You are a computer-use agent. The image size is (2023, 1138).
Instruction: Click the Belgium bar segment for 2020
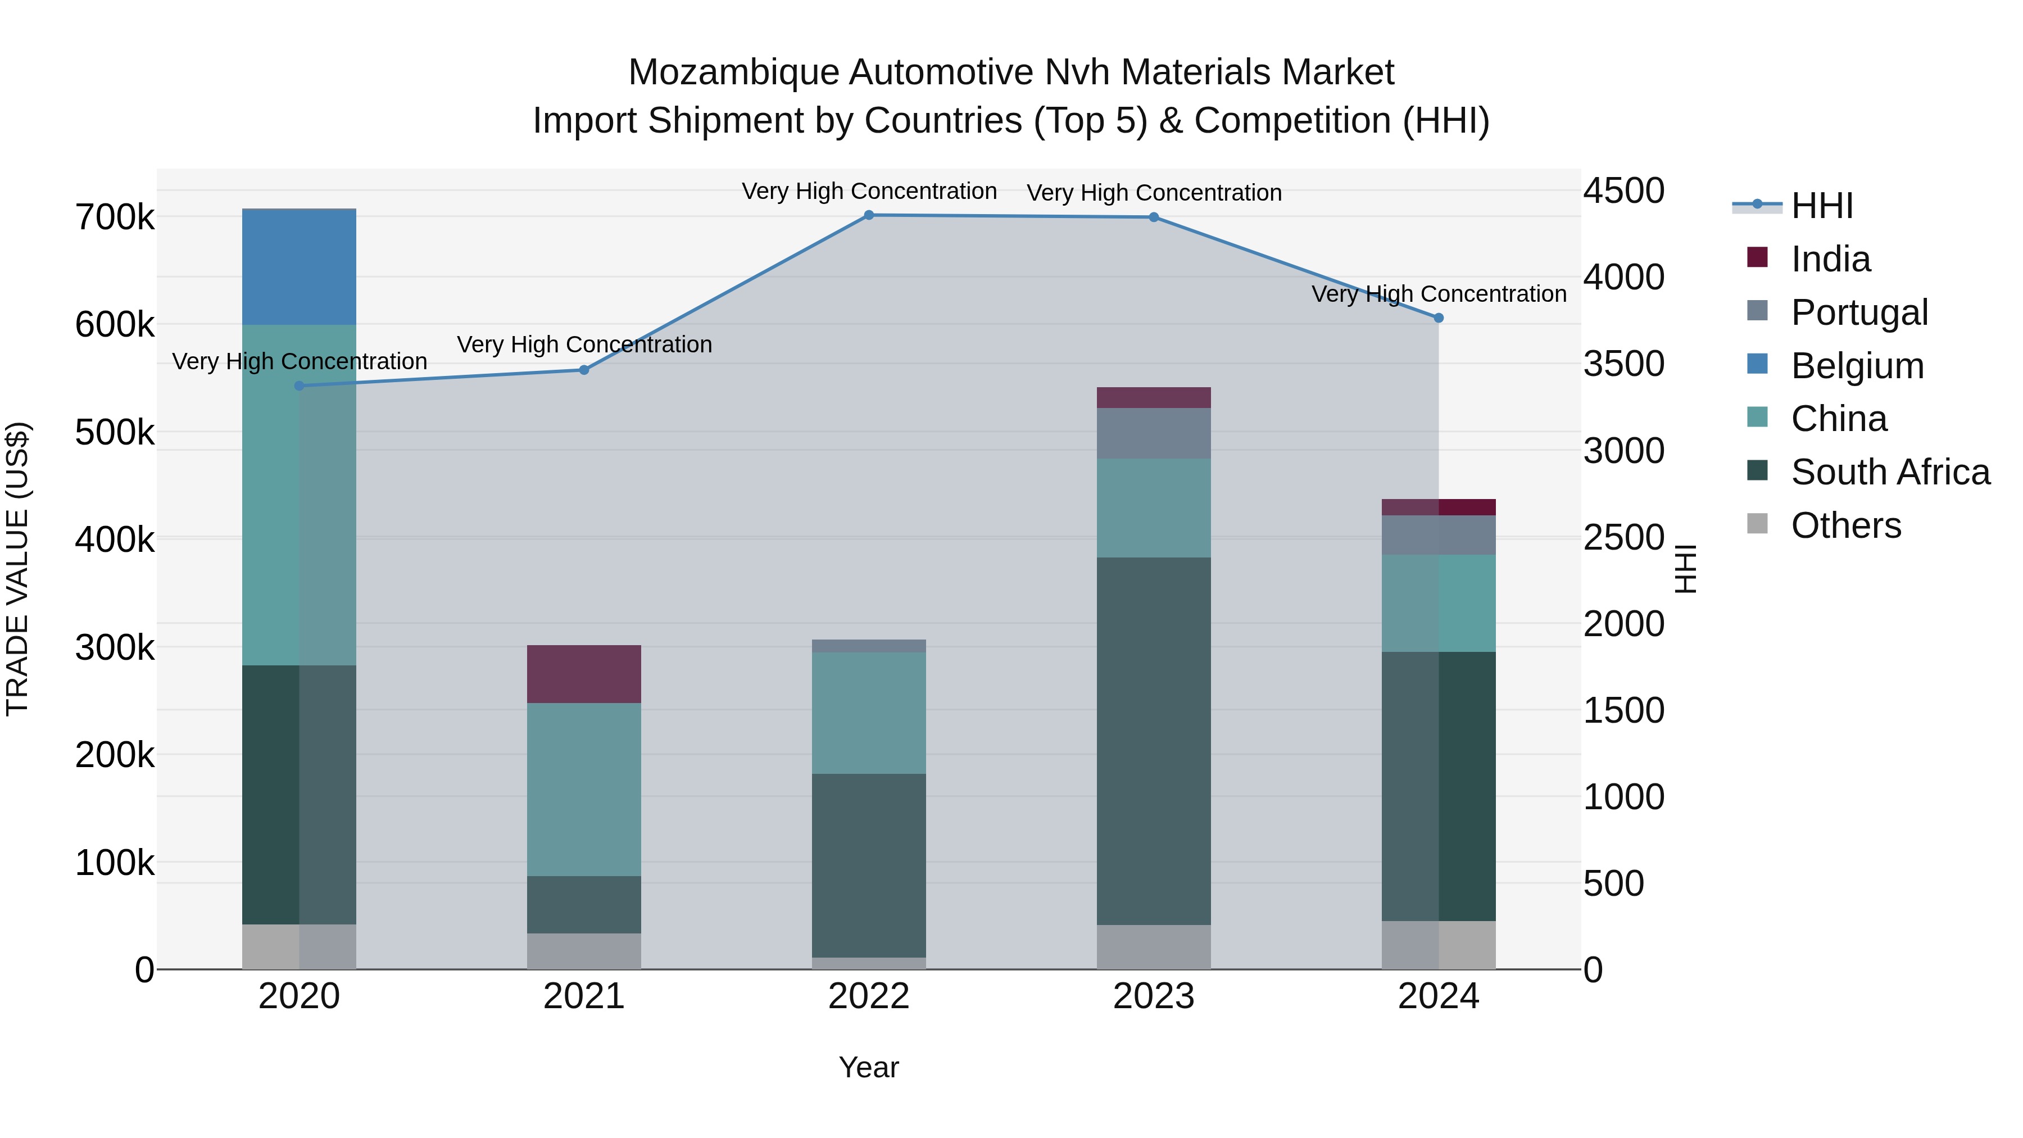point(298,267)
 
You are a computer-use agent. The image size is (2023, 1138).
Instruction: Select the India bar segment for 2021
point(583,674)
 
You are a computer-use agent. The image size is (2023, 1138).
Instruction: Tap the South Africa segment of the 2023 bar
point(1154,741)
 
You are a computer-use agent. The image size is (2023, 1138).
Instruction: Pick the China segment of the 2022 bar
point(869,713)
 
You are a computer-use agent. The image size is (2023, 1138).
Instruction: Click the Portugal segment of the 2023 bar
point(1154,433)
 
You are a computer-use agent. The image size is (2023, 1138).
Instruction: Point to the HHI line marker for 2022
point(869,215)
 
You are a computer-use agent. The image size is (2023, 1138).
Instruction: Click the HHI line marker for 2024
point(1439,318)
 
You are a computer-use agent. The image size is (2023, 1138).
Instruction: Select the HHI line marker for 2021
point(583,370)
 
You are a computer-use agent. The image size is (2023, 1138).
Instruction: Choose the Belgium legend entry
point(1857,366)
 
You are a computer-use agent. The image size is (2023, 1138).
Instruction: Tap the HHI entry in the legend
point(1822,206)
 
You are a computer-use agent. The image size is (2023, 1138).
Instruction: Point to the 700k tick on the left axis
point(115,217)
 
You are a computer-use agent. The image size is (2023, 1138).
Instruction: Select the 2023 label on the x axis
point(1154,996)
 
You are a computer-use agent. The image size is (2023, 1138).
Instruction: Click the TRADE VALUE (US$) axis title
point(17,569)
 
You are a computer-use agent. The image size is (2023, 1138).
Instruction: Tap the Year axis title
point(869,1067)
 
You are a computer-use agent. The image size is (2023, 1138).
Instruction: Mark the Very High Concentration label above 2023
point(1154,192)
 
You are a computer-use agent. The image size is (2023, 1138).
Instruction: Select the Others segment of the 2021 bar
point(583,951)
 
